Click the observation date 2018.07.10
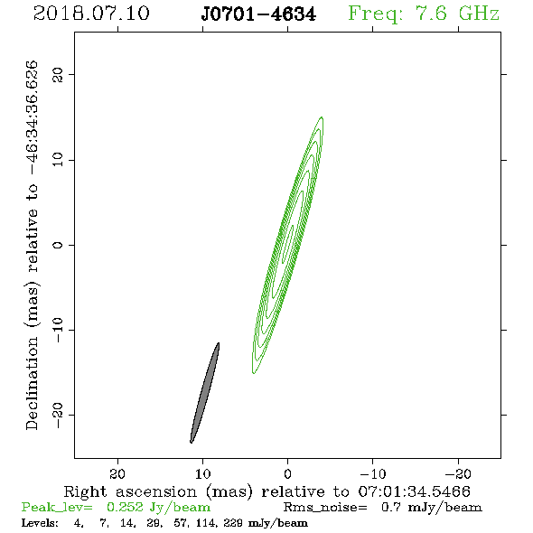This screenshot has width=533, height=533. [x=91, y=14]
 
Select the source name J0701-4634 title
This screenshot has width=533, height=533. [x=258, y=14]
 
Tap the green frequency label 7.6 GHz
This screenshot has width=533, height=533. [x=424, y=14]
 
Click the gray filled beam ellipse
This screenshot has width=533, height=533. [x=205, y=393]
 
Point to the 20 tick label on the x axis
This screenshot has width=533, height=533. [x=117, y=473]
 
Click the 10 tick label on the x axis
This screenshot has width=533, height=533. [x=203, y=473]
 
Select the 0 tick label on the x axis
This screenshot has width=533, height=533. [x=287, y=473]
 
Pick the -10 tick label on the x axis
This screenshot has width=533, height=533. [x=373, y=473]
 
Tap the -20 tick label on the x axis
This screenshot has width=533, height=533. [x=458, y=473]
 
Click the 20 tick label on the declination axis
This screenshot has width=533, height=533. [x=58, y=74]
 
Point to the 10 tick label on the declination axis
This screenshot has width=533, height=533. [x=58, y=160]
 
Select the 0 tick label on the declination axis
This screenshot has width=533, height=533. [x=58, y=245]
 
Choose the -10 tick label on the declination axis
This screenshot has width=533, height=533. [x=58, y=330]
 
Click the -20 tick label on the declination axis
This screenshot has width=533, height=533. [x=58, y=415]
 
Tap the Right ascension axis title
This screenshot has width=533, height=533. [x=267, y=491]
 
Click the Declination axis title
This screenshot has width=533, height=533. [x=32, y=245]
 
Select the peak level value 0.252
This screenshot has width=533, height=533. [x=125, y=507]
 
